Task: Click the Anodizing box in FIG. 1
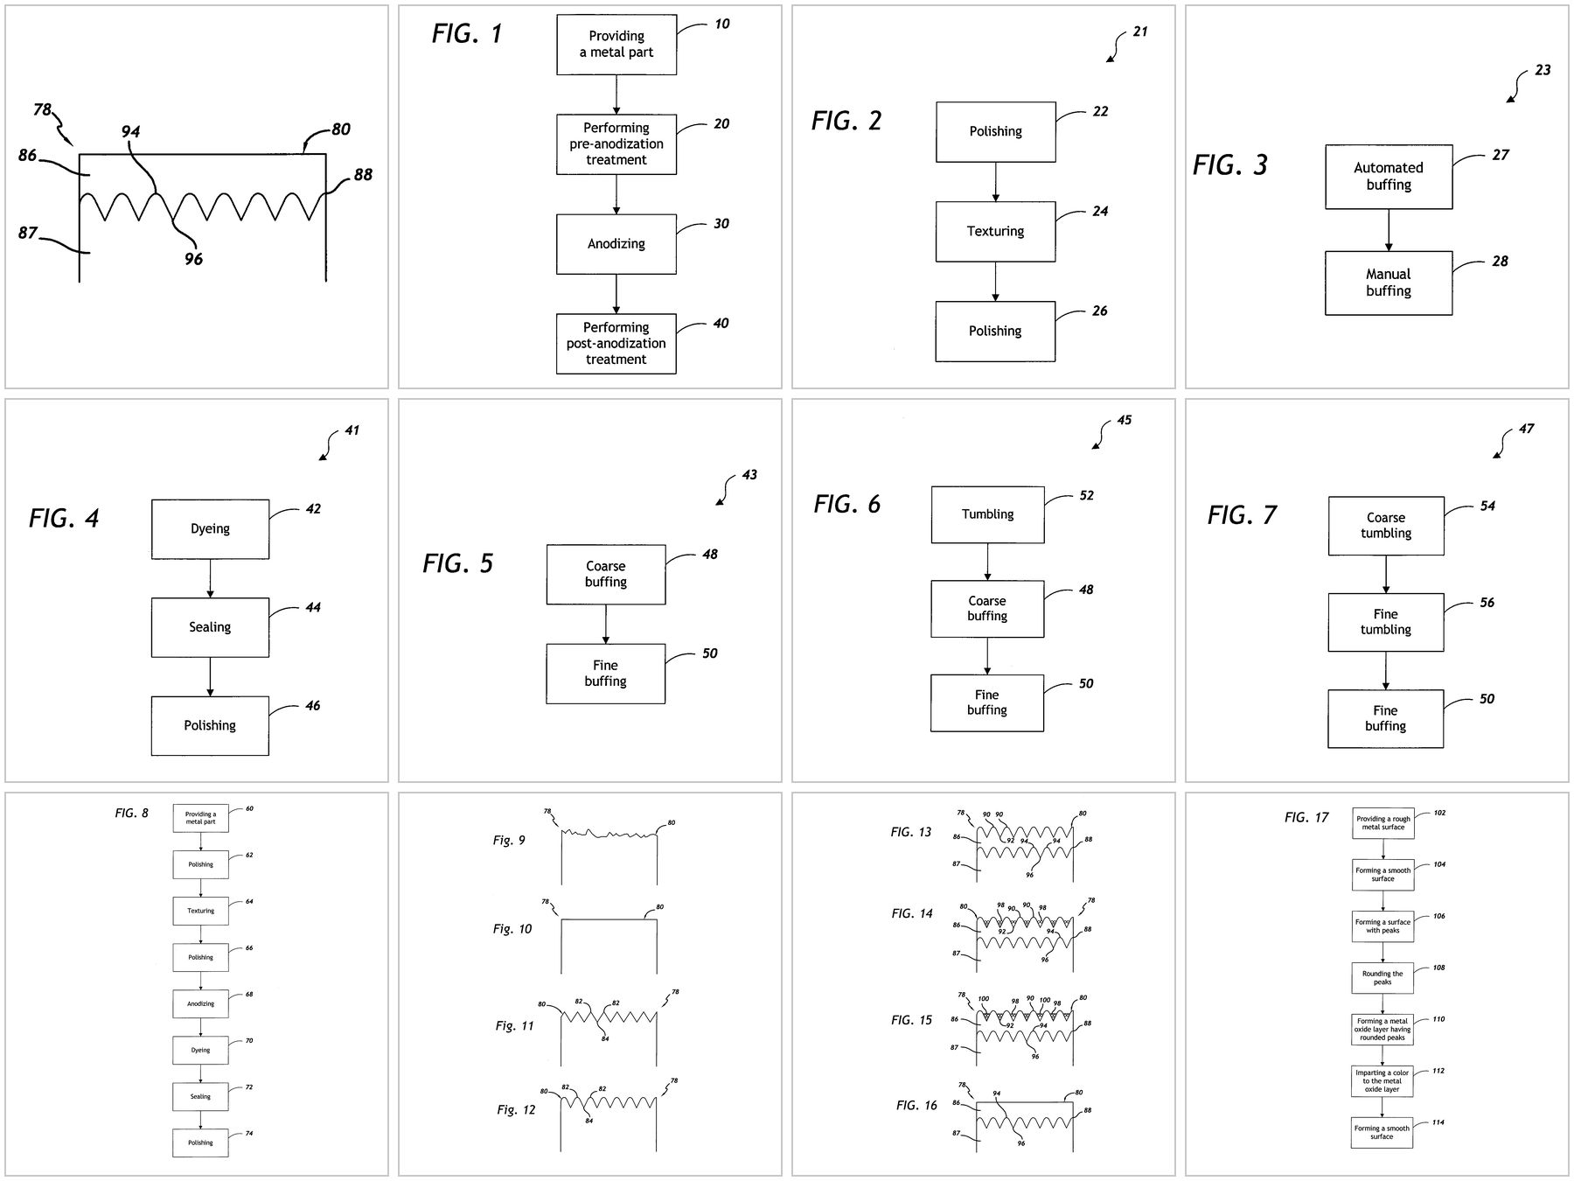[616, 244]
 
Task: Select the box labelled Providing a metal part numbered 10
[616, 44]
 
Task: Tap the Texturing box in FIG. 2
[995, 231]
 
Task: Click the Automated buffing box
[1388, 176]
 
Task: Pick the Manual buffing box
[1388, 283]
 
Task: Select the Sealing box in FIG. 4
[210, 627]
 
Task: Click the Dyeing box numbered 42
[210, 528]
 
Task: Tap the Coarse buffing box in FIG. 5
[605, 574]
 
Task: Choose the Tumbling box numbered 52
[987, 514]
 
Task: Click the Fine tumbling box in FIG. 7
[1385, 622]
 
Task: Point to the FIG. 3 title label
[1229, 165]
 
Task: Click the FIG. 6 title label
[846, 505]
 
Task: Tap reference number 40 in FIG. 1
[721, 324]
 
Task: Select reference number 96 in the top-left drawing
[193, 259]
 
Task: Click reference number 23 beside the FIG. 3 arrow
[1543, 71]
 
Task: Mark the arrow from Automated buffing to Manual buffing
[1389, 230]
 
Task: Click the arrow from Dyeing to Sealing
[210, 578]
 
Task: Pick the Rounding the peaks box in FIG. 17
[1382, 977]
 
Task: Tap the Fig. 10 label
[512, 929]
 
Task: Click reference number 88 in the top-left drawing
[363, 175]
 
